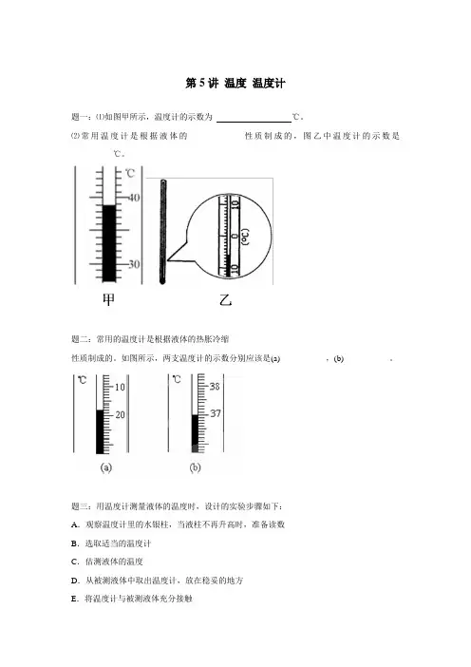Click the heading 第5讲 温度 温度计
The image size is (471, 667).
pyautogui.click(x=235, y=83)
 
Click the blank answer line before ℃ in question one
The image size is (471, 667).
pyautogui.click(x=254, y=122)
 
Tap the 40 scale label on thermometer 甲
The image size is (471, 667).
pyautogui.click(x=134, y=198)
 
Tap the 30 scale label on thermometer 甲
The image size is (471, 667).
pyautogui.click(x=134, y=264)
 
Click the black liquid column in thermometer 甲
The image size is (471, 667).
pyautogui.click(x=109, y=243)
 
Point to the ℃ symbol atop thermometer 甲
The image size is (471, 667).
pyautogui.click(x=130, y=173)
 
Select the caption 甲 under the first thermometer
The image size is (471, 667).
pyautogui.click(x=109, y=299)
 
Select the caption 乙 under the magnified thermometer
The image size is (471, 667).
pyautogui.click(x=225, y=300)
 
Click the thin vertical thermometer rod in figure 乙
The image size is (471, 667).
pyautogui.click(x=162, y=232)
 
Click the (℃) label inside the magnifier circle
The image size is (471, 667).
pyautogui.click(x=245, y=237)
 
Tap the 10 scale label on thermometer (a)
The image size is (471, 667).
pyautogui.click(x=120, y=387)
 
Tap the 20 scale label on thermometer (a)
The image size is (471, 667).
pyautogui.click(x=120, y=414)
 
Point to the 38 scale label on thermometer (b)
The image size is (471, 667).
pyautogui.click(x=215, y=387)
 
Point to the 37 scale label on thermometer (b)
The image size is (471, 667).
pyautogui.click(x=216, y=413)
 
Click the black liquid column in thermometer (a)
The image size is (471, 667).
pyautogui.click(x=100, y=431)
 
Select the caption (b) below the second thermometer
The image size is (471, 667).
pyautogui.click(x=195, y=467)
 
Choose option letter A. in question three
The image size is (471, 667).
pyautogui.click(x=75, y=524)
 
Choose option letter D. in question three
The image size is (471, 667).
pyautogui.click(x=75, y=581)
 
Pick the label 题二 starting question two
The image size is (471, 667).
pyautogui.click(x=79, y=339)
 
